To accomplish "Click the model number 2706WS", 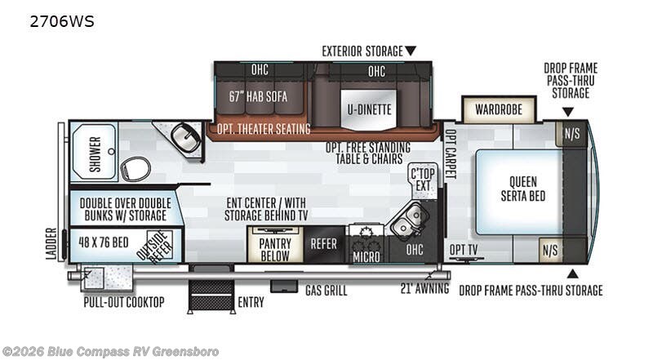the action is [x=62, y=21].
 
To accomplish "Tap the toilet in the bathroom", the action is [x=135, y=169].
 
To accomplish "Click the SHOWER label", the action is [x=95, y=153].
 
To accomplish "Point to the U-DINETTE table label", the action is [x=370, y=109].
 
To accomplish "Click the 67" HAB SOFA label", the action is [x=258, y=96].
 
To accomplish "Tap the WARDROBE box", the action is [x=499, y=109].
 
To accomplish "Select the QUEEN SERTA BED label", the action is [x=523, y=189].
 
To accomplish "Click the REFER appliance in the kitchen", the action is [x=324, y=244].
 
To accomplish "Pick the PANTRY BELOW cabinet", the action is [x=275, y=245].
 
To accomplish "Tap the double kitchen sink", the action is [x=407, y=220].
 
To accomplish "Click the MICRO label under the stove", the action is [x=366, y=256].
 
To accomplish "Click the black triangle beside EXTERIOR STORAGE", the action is [x=411, y=51].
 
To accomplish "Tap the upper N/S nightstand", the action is [x=572, y=134].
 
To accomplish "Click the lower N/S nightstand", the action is [x=550, y=250].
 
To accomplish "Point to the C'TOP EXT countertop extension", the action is [x=423, y=180].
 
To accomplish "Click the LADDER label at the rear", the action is [x=51, y=244].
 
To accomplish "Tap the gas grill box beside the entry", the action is [x=284, y=287].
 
